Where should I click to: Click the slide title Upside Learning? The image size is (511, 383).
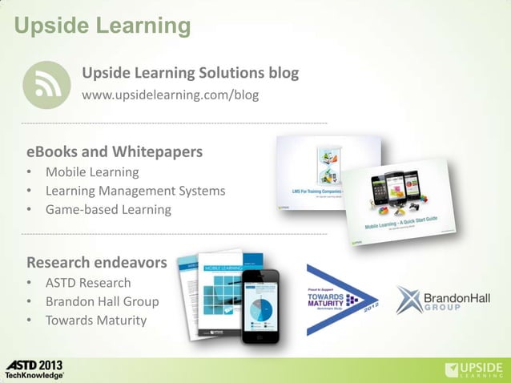point(102,26)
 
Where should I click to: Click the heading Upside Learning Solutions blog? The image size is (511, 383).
point(190,74)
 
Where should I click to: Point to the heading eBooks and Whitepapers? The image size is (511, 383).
point(115,151)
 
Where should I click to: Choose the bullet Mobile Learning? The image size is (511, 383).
point(91,172)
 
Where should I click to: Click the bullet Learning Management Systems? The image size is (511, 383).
point(135,191)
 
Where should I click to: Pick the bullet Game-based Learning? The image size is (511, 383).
point(108,210)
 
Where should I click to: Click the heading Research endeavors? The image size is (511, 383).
point(97,262)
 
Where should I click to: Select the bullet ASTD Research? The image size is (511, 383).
point(87,283)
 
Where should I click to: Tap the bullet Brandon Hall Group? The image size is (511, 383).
point(102,302)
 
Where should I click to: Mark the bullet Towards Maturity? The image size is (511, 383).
point(95,321)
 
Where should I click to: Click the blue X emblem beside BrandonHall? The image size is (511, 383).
point(409,299)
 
